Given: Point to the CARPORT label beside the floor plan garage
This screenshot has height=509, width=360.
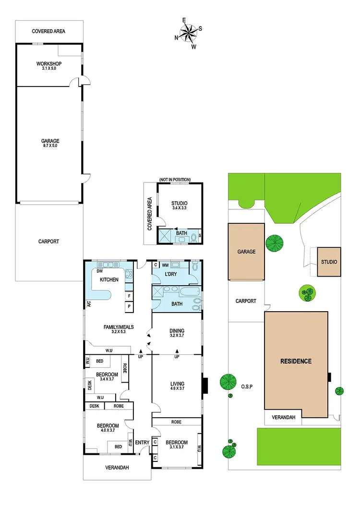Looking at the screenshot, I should click(x=48, y=242).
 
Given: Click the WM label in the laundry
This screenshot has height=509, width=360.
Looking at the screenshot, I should click(x=165, y=265).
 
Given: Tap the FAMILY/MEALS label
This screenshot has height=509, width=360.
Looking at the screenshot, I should click(x=119, y=329).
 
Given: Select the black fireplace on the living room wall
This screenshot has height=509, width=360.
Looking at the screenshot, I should click(x=204, y=385).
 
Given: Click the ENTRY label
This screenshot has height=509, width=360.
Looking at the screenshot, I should click(x=142, y=442).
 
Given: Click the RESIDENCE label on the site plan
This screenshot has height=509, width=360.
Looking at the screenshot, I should click(x=296, y=361).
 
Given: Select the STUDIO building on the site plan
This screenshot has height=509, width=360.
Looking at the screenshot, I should click(x=329, y=262).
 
